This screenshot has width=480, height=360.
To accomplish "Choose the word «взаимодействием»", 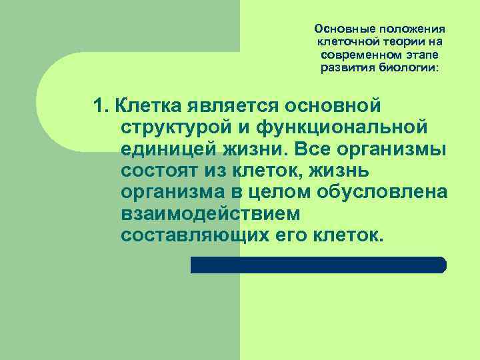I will tap(211, 214).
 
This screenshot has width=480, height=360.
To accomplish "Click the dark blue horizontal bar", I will tap(319, 265).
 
